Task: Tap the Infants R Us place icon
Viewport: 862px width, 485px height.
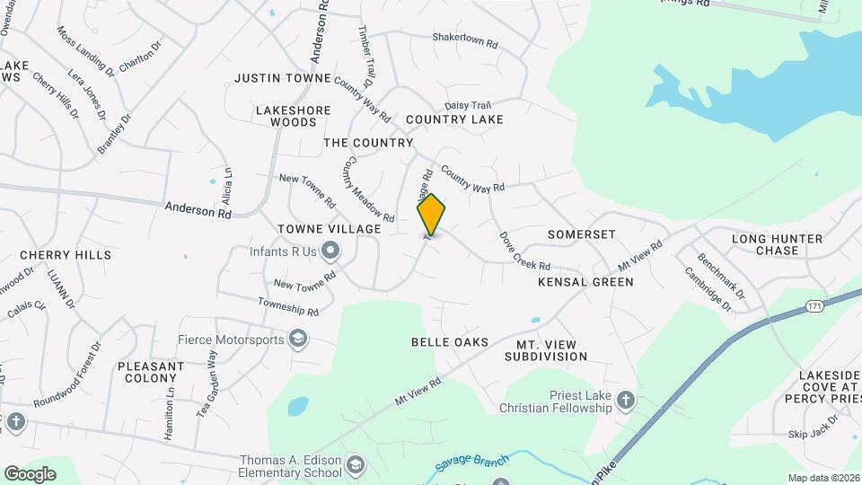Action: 330,251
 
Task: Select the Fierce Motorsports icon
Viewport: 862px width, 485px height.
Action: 298,339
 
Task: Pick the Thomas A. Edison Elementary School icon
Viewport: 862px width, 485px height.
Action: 356,464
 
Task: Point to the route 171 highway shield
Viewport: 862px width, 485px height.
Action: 814,305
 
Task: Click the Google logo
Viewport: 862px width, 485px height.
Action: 30,473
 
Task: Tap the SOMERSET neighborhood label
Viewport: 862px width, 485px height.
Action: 582,234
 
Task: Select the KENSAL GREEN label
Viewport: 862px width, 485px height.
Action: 585,282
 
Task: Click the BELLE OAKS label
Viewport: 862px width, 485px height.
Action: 450,342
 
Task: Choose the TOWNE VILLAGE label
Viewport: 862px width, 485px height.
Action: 330,230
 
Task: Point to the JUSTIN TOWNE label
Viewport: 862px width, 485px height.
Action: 283,78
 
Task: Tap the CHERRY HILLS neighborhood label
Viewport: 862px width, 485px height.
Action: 66,255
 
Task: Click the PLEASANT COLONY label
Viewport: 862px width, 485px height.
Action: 151,372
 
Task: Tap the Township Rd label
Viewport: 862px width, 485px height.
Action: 288,306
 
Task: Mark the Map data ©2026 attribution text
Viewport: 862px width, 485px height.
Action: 822,478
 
